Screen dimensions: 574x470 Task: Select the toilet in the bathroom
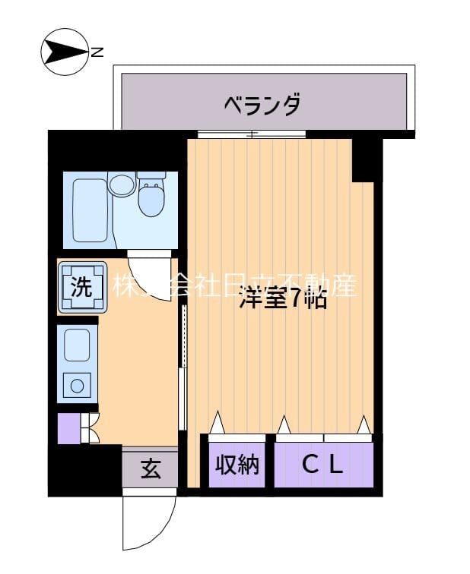(151, 194)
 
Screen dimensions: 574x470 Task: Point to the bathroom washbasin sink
(121, 184)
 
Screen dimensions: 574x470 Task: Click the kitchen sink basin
(77, 345)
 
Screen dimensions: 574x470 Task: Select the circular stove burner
(77, 386)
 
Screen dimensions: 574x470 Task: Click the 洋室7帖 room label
(283, 298)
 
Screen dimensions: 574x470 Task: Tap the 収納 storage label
(237, 465)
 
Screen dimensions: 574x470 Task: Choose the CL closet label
(324, 465)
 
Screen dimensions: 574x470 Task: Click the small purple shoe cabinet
(68, 429)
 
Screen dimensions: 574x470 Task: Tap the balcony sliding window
(251, 134)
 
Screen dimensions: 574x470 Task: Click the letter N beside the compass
(97, 52)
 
